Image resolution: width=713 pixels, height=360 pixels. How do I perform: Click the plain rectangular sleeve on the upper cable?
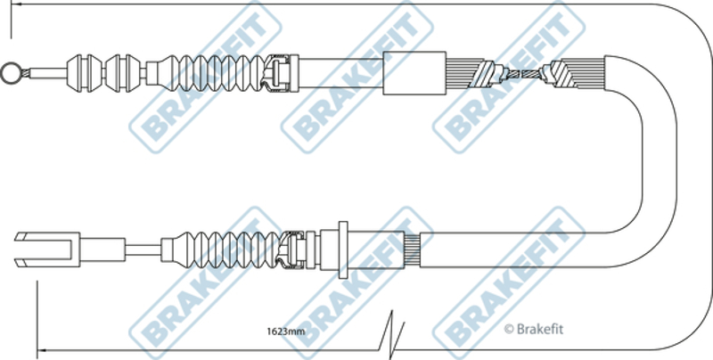[413, 73]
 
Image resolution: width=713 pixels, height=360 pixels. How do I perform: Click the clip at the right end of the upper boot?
[283, 71]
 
